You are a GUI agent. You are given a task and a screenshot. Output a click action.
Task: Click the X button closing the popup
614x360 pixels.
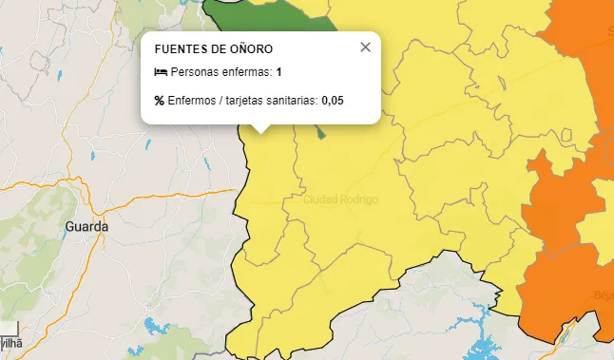point(365,47)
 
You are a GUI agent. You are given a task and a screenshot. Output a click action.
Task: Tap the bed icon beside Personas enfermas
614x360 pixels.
point(160,72)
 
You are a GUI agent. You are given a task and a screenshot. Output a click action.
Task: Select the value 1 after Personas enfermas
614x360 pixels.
point(279,72)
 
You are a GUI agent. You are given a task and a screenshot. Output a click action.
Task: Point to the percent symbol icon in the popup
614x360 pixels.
point(160,100)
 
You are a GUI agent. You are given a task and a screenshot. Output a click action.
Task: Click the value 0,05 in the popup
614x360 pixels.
point(332,100)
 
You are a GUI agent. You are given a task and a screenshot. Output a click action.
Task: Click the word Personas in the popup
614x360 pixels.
point(193,72)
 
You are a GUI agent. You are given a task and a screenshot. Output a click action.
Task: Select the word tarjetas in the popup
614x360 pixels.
point(243,100)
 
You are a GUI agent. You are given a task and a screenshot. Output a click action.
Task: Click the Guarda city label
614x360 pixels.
point(87,227)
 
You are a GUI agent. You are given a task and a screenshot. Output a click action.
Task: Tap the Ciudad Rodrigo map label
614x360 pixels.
point(340,199)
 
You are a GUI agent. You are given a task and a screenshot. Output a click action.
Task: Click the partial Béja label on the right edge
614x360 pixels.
point(604,294)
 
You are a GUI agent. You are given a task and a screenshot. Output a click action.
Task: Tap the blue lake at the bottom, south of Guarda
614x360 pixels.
point(154,328)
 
